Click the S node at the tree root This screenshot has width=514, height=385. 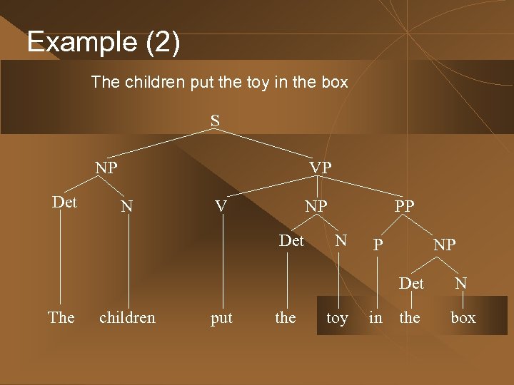pos(215,120)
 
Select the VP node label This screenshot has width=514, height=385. pos(320,168)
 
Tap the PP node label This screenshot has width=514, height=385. pos(403,206)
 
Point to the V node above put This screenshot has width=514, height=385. pos(221,206)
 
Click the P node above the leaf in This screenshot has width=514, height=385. pos(378,245)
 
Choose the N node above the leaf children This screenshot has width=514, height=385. pos(127,206)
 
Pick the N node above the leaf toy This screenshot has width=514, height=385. pos(341,241)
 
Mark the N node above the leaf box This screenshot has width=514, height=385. pos(461,283)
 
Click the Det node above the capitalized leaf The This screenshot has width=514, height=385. pos(65,202)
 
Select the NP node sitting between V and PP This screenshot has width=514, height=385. pos(316,206)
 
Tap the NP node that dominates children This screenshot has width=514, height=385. pos(107,168)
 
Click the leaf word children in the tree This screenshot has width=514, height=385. pos(127,317)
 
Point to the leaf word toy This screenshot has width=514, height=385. pos(337,318)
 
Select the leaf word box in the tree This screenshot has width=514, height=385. pos(463,318)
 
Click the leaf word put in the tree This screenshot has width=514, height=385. pos(221,318)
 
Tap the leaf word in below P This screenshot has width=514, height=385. pos(376,317)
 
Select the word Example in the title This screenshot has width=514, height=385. pos(81,43)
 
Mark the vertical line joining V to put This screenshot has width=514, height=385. pos(221,264)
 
